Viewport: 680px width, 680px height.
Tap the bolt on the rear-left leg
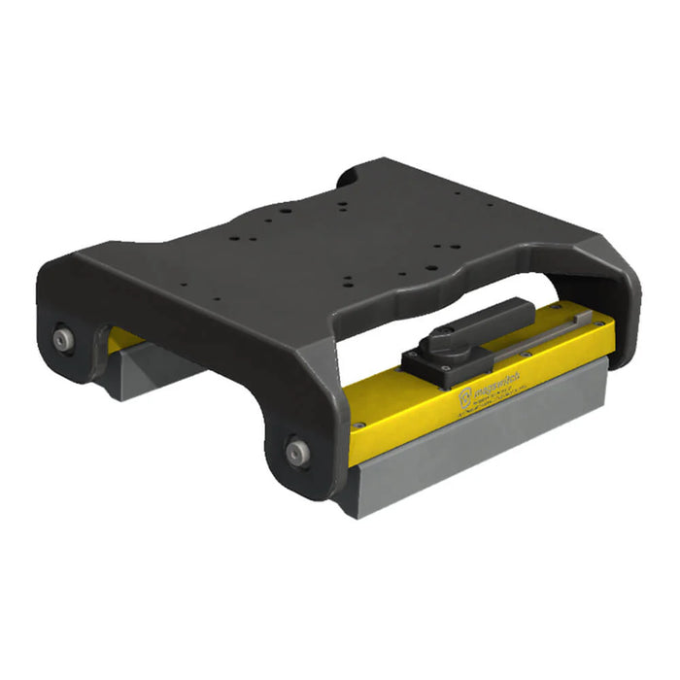63,339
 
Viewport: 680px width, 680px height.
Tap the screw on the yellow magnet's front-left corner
359,425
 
